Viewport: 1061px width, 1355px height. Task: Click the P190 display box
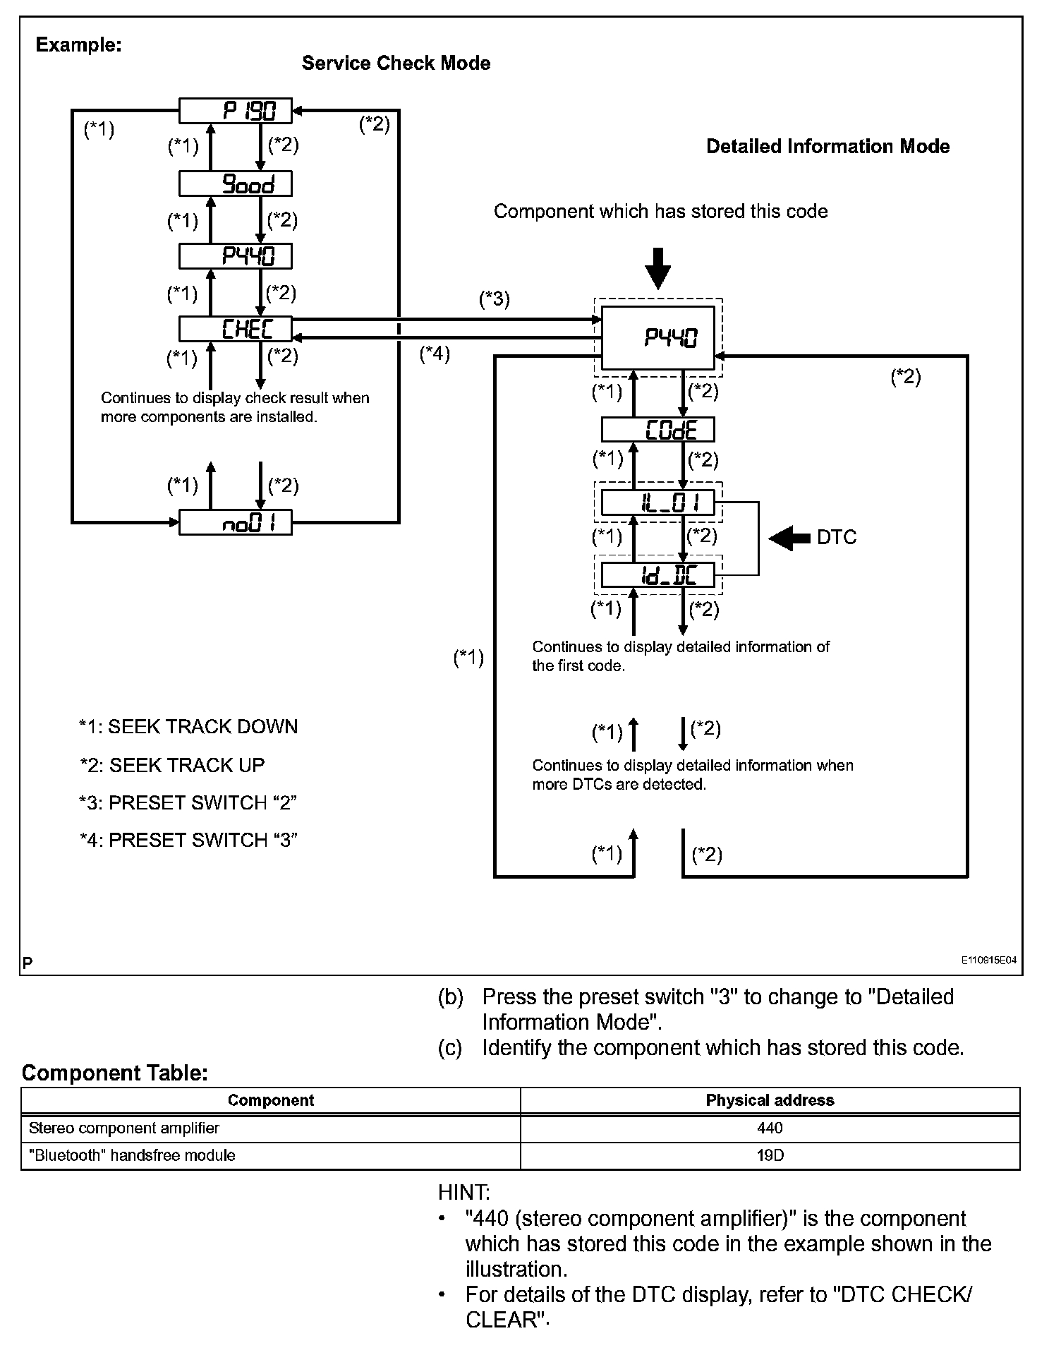(235, 111)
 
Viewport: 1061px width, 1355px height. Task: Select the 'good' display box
(235, 184)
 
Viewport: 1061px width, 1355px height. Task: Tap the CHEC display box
(235, 329)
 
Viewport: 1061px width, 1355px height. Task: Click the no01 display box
(235, 523)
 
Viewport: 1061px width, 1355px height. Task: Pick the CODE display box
(657, 430)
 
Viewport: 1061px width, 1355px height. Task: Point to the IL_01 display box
(657, 503)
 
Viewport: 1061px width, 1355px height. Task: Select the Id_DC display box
(657, 575)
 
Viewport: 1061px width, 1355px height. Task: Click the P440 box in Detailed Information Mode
(657, 338)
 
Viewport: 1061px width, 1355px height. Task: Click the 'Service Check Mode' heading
(396, 64)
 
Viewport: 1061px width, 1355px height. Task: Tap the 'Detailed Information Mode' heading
(827, 147)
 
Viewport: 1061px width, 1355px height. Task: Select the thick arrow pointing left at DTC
(789, 538)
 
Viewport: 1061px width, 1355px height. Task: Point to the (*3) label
(494, 299)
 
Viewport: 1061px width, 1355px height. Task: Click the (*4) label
(435, 354)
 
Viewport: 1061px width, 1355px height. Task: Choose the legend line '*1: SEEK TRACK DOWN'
(188, 727)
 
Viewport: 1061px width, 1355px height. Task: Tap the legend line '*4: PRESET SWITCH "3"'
(188, 841)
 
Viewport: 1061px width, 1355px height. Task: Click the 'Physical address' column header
(770, 1100)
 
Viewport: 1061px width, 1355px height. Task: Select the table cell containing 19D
(770, 1155)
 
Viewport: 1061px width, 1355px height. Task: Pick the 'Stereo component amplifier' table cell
(124, 1128)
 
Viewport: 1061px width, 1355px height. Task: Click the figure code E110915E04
(988, 960)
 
